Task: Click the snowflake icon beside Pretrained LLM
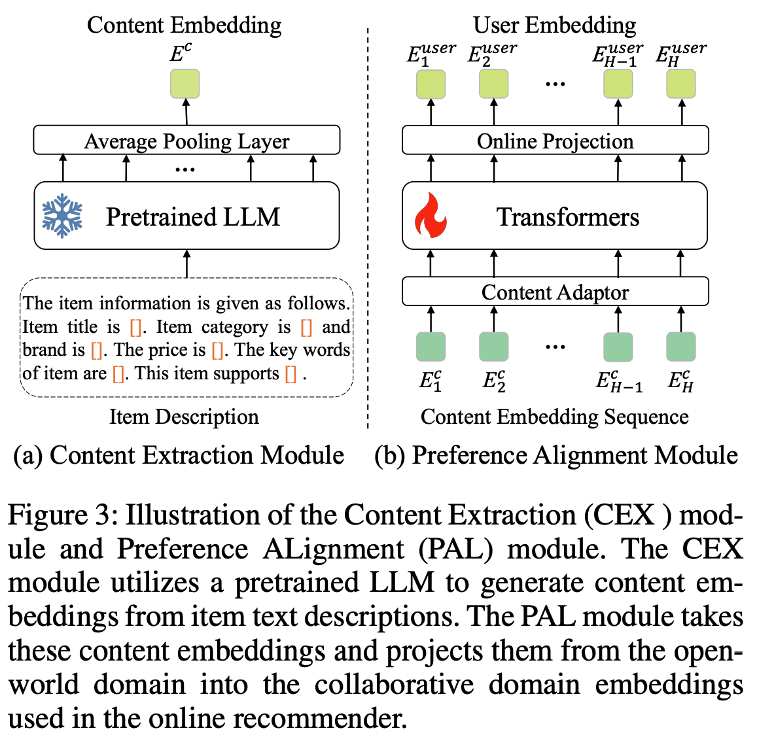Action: [62, 216]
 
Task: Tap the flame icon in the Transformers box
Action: [431, 216]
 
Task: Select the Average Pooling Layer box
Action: [186, 141]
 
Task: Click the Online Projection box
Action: [555, 141]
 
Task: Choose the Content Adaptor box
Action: [555, 292]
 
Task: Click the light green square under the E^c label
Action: [185, 84]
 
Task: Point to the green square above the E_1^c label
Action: [431, 347]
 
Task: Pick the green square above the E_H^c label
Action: [680, 347]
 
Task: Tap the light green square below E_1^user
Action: [431, 84]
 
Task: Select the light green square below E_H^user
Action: [680, 84]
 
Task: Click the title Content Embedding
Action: [184, 25]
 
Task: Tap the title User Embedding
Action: [554, 25]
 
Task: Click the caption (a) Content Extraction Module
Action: [179, 455]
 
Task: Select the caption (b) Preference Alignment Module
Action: [555, 455]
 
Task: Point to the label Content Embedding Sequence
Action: [554, 417]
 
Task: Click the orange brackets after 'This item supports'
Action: [291, 374]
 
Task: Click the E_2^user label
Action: [492, 52]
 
